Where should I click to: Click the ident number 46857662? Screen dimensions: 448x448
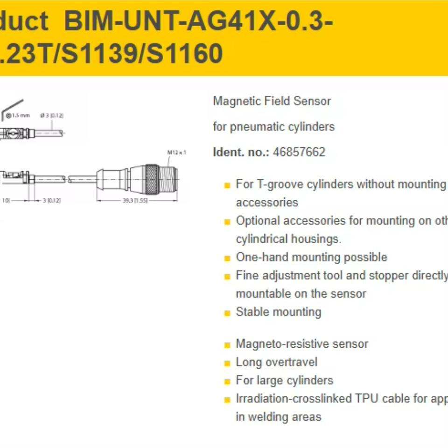tap(299, 152)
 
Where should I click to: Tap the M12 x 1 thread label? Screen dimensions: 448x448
tap(177, 152)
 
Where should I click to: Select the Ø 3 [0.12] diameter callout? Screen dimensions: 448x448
tap(52, 115)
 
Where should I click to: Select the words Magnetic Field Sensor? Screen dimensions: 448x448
tap(272, 101)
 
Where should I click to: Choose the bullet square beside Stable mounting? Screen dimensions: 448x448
tap(227, 313)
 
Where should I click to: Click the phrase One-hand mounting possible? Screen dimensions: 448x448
tap(311, 257)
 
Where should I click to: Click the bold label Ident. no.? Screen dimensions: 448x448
tap(241, 152)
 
